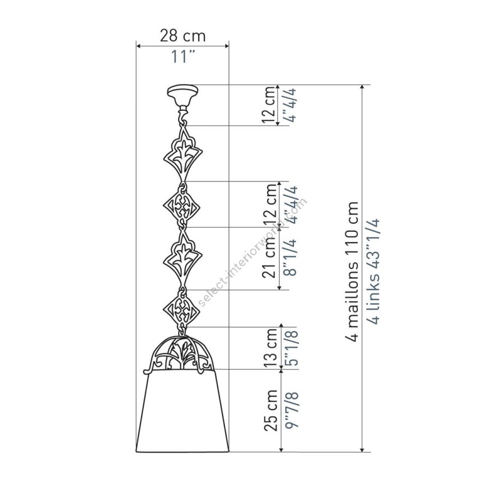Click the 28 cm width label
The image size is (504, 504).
click(183, 36)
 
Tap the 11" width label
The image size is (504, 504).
click(183, 57)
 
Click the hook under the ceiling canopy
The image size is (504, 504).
click(183, 116)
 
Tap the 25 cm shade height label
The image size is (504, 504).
click(270, 410)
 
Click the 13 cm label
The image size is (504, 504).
click(270, 348)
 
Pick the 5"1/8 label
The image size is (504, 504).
click(292, 348)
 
